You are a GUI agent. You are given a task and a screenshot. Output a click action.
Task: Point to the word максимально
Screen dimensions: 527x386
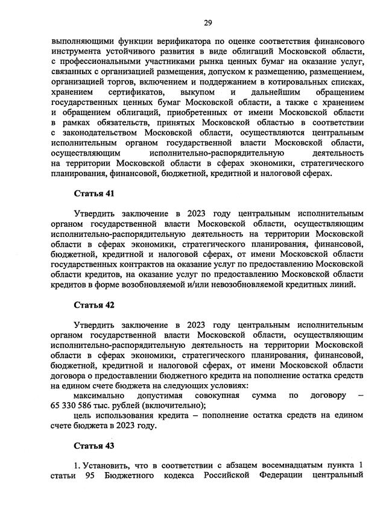[x=99, y=396]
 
